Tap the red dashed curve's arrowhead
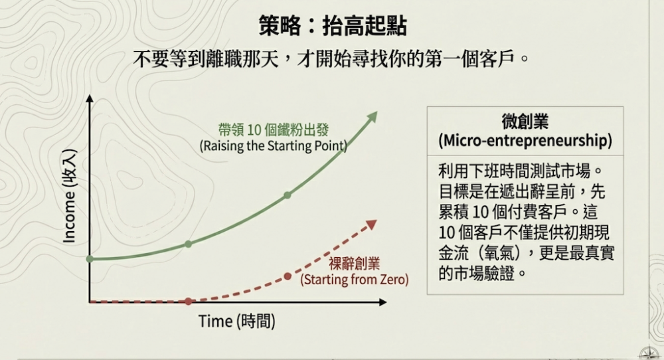pos(371,225)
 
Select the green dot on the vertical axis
pos(90,259)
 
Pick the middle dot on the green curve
pos(189,244)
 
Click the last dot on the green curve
pos(288,195)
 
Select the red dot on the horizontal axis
pos(189,302)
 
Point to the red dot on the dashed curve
pos(288,276)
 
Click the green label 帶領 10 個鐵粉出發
pos(273,130)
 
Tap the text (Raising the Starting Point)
pos(273,145)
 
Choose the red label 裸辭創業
pos(355,264)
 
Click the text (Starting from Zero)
pos(355,280)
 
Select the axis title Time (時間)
pos(237,321)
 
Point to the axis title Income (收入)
pos(70,196)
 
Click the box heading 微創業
pos(525,122)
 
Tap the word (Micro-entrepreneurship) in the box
pos(525,141)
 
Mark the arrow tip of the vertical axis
pos(90,95)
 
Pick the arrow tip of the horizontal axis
pos(386,302)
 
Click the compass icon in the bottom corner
pos(649,353)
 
